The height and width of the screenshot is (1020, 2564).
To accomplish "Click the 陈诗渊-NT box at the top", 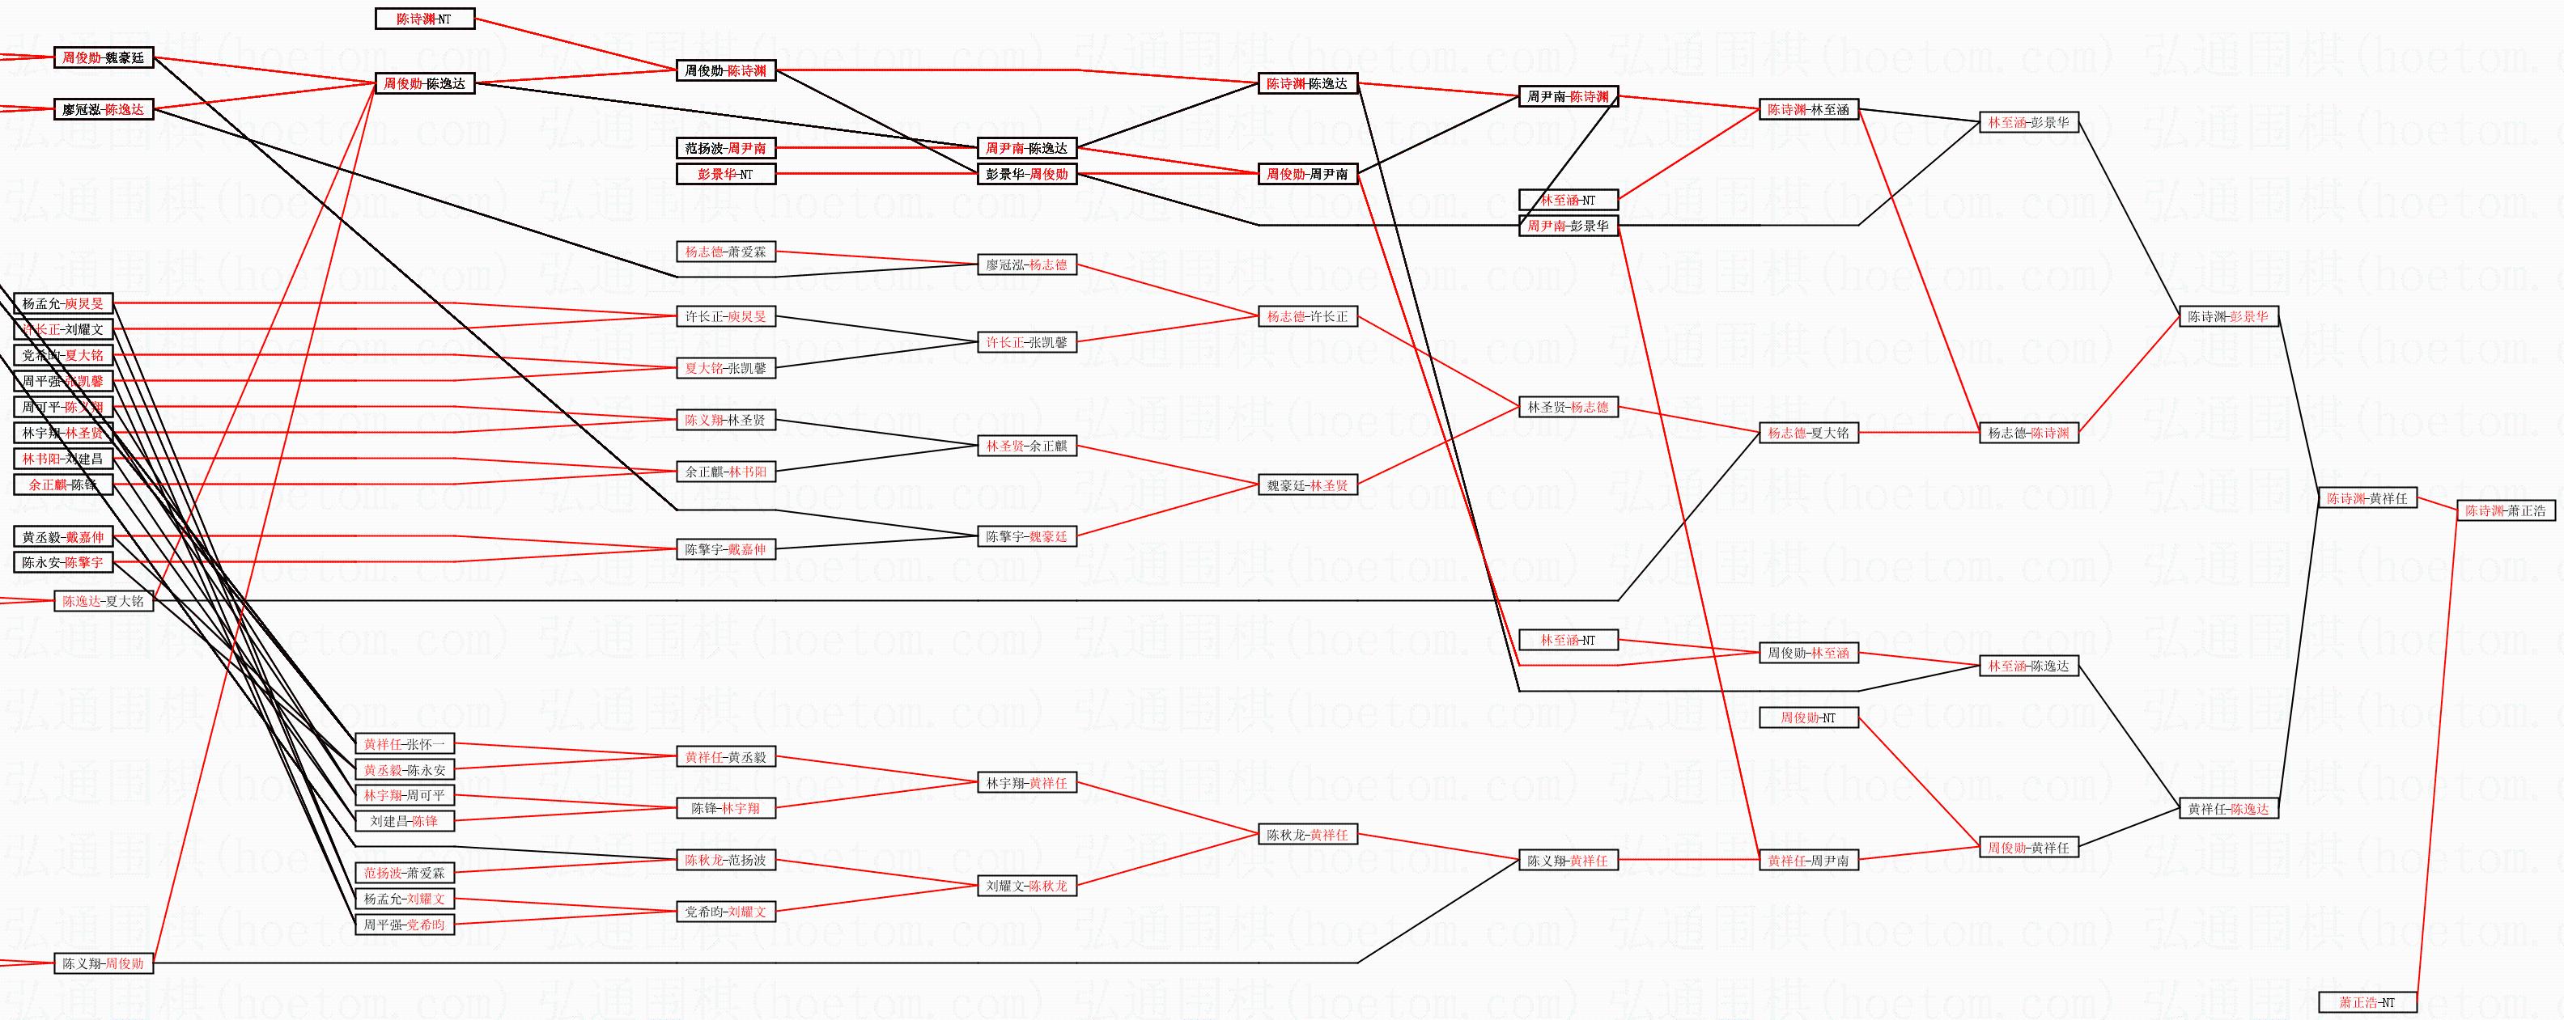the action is [x=425, y=19].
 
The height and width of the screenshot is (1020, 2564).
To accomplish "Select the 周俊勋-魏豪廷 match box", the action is [x=104, y=57].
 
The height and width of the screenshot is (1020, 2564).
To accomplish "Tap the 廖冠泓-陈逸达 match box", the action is [x=104, y=109].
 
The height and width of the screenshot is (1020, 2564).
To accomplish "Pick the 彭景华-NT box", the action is [x=726, y=174].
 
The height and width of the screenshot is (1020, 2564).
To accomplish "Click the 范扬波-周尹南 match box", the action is [x=726, y=148].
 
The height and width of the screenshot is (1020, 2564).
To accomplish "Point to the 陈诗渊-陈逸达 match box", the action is [x=1308, y=83].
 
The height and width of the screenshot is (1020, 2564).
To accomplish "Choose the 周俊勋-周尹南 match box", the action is [x=1308, y=174].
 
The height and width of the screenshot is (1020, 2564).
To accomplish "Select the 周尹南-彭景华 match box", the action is [x=1569, y=226].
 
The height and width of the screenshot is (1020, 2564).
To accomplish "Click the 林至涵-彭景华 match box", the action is [x=2028, y=122].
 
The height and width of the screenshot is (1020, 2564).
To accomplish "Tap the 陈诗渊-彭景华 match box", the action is [x=2229, y=316].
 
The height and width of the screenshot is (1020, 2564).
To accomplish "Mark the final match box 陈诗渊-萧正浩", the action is [x=2505, y=510].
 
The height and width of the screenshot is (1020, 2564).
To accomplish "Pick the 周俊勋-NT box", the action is [x=1809, y=717].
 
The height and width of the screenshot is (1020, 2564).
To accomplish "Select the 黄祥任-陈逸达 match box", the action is [x=2229, y=809].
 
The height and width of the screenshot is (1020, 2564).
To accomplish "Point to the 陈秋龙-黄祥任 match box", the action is [x=1308, y=835].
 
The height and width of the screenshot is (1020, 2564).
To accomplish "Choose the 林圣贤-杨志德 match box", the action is [x=1569, y=407].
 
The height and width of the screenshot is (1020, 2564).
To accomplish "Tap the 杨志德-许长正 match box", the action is [x=1308, y=316].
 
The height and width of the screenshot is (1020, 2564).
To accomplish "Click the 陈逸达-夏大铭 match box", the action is [x=104, y=601].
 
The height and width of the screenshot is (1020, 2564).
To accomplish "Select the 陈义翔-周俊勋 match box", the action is [x=104, y=963].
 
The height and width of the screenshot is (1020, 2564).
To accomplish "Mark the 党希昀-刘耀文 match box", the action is [x=726, y=912].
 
